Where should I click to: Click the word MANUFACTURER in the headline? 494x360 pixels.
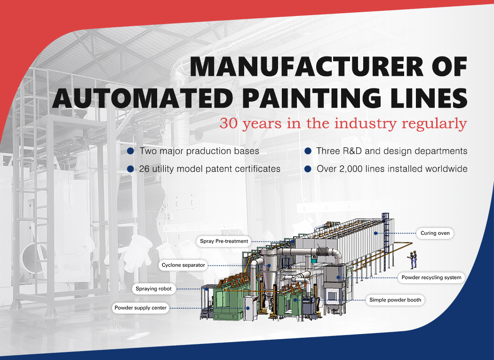click(307, 66)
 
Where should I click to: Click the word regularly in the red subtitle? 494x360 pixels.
click(434, 124)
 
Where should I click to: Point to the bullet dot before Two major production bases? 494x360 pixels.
click(130, 151)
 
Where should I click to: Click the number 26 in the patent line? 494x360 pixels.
click(144, 169)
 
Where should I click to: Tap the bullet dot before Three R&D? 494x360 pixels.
click(308, 151)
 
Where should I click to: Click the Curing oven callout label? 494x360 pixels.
click(435, 233)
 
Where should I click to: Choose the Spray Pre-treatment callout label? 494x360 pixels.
click(224, 241)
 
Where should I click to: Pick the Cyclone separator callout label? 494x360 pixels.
click(183, 265)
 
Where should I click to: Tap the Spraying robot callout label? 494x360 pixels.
click(154, 289)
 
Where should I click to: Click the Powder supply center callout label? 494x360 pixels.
click(141, 308)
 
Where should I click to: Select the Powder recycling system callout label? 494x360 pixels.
click(431, 278)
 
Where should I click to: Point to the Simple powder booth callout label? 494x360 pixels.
click(395, 300)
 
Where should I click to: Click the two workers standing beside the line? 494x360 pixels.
click(413, 260)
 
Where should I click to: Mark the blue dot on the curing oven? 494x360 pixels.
click(375, 233)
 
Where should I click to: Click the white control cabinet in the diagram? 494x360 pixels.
click(250, 308)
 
